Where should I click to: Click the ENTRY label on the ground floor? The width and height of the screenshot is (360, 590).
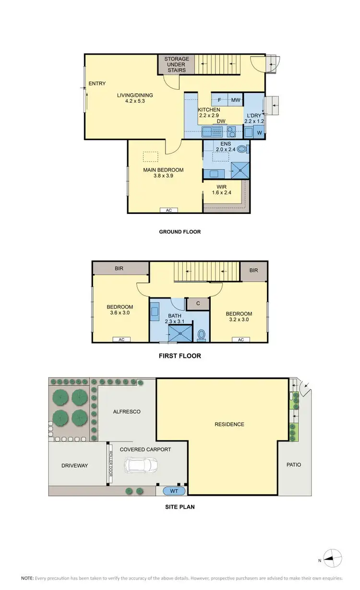pos(97,84)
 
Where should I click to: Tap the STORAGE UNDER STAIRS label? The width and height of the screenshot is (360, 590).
pos(177,65)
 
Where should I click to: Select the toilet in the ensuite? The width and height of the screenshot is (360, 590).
pos(243,149)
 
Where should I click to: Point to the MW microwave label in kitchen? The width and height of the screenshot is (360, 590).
pos(236,100)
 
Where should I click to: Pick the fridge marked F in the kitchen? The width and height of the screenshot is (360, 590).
pos(219,100)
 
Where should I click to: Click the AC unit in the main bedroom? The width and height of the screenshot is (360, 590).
pos(169,210)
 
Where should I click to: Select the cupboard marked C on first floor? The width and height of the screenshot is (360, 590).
pos(198,304)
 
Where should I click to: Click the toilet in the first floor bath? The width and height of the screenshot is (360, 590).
pos(202,334)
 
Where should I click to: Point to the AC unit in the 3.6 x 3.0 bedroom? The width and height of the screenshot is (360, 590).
pos(121,340)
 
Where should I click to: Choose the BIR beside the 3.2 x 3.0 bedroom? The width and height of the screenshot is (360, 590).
pos(253,271)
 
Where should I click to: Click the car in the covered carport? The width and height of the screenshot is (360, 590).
pos(141,465)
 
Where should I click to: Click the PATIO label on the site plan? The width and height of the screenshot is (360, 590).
pos(293,465)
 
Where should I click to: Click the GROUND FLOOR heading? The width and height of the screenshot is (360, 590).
pos(180,232)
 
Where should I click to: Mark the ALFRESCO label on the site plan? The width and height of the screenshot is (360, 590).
pos(127,412)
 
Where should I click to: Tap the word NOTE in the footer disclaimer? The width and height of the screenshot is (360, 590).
pos(27,578)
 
